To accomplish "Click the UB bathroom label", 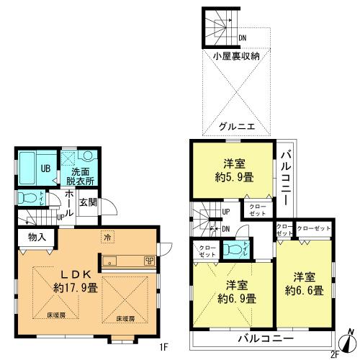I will pyautogui.click(x=45, y=168).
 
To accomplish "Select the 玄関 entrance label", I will pyautogui.click(x=89, y=202).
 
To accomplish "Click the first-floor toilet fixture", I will pyautogui.click(x=25, y=198).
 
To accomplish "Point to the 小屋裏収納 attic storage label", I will pyautogui.click(x=235, y=55).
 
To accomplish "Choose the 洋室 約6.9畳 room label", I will pyautogui.click(x=232, y=289).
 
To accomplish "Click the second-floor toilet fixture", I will pyautogui.click(x=232, y=248).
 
